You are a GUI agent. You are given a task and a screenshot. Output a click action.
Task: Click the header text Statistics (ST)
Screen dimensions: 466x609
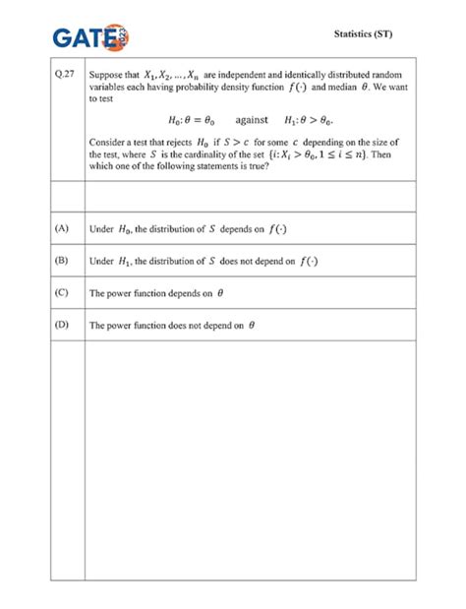(x=363, y=34)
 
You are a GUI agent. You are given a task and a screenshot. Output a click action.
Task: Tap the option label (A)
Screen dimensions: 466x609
(x=62, y=227)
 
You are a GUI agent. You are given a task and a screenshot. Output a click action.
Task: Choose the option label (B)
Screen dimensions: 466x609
(x=62, y=260)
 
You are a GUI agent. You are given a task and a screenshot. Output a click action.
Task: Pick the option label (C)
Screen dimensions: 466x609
(x=62, y=292)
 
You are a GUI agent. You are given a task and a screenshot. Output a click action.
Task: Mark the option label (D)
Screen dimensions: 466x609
(x=62, y=325)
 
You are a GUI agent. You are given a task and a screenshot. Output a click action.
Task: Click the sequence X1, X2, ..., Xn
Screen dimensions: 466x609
(x=172, y=74)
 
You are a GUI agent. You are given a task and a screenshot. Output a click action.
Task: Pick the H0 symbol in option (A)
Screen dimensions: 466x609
(x=124, y=228)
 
